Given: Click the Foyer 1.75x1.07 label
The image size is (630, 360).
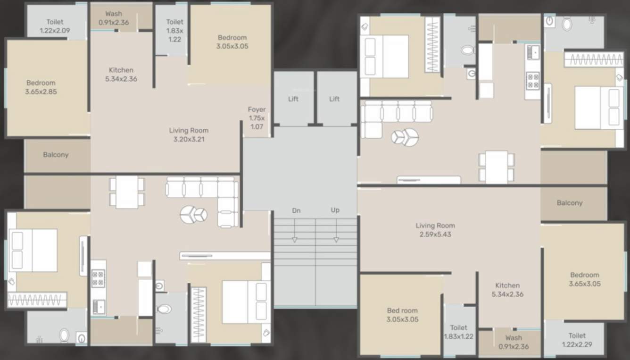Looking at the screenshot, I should coord(257,118).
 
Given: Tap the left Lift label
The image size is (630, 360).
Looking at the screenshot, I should coord(293,99).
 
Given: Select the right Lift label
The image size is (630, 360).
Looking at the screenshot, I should coord(334,99).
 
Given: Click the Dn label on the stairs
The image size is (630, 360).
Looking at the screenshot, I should coord(296,210).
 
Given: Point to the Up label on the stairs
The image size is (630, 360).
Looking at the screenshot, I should coord(335,210).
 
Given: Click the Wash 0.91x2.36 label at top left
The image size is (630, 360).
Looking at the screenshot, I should coord(114,18).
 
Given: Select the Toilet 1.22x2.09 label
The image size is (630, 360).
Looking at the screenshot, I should coord(55,26).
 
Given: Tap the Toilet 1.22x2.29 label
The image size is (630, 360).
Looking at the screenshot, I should coord(577,340).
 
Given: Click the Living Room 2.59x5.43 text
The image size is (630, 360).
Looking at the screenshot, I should coord(435,230).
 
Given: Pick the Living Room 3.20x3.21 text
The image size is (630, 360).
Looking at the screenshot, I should coord(189,134).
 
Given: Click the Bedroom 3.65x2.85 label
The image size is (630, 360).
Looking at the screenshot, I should coord(41,87).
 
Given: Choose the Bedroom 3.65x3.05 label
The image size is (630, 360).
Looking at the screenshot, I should coord(584,279).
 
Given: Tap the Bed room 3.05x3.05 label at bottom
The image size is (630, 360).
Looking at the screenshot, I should coord(402,315).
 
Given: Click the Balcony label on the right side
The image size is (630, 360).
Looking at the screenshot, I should coord(569,203).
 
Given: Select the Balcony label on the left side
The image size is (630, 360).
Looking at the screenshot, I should coord(56,155).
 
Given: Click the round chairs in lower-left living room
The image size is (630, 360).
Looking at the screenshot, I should coord(193,215).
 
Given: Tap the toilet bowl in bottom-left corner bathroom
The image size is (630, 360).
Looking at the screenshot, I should coord(65,335).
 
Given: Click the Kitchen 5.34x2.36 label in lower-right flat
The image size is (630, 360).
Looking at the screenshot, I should coord(507,290).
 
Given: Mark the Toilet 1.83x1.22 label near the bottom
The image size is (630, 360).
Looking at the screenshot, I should coord(458,332).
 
